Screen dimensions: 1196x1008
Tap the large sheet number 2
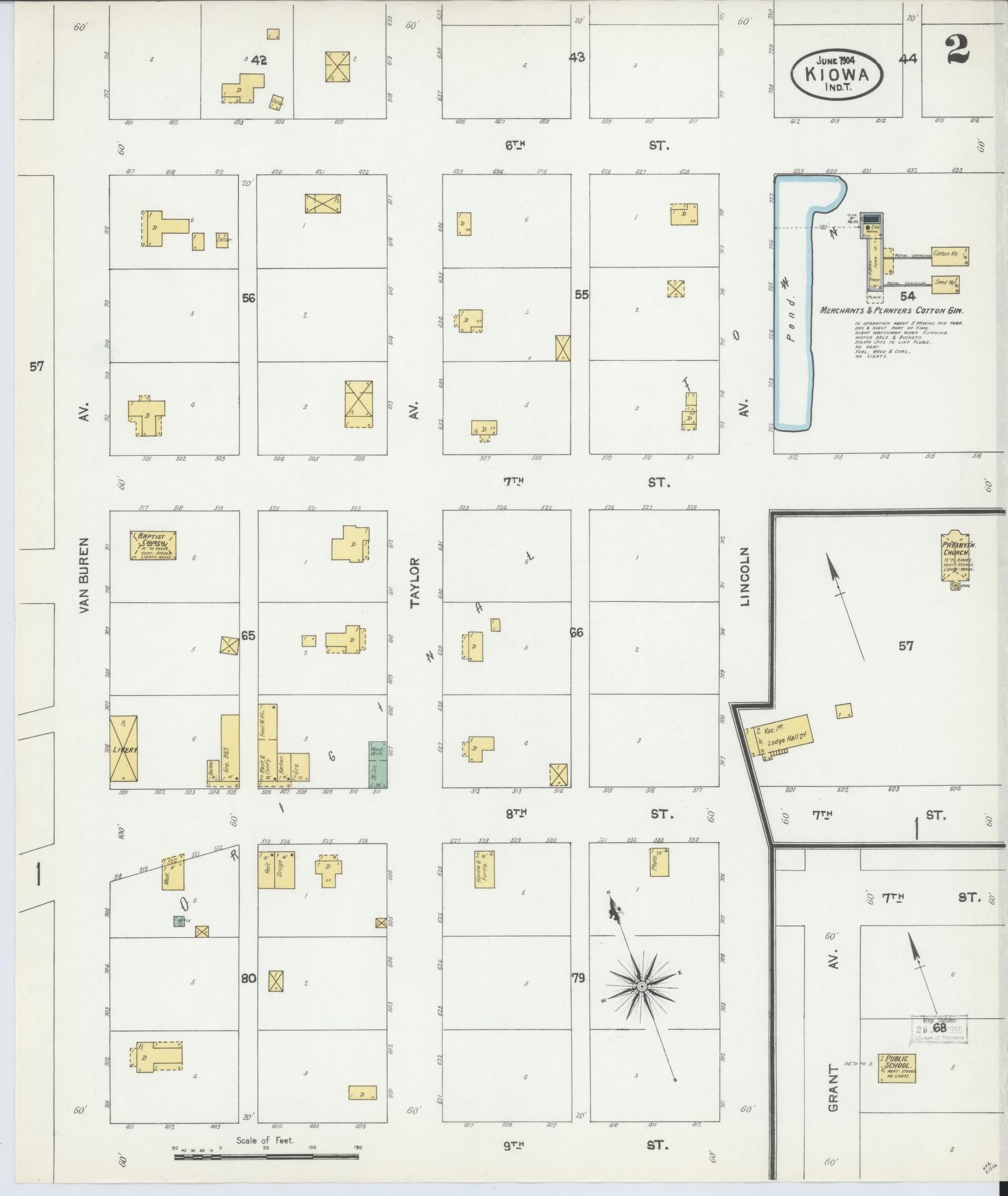(x=958, y=51)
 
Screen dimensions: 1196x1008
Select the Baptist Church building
(x=153, y=545)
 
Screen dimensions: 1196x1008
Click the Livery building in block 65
(x=124, y=748)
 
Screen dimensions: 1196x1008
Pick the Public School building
(x=896, y=1068)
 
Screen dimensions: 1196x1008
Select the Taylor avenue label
(x=415, y=583)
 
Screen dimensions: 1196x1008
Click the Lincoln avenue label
(x=744, y=576)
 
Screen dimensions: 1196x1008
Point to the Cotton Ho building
(x=949, y=254)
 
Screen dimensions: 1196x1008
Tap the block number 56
(x=249, y=298)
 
